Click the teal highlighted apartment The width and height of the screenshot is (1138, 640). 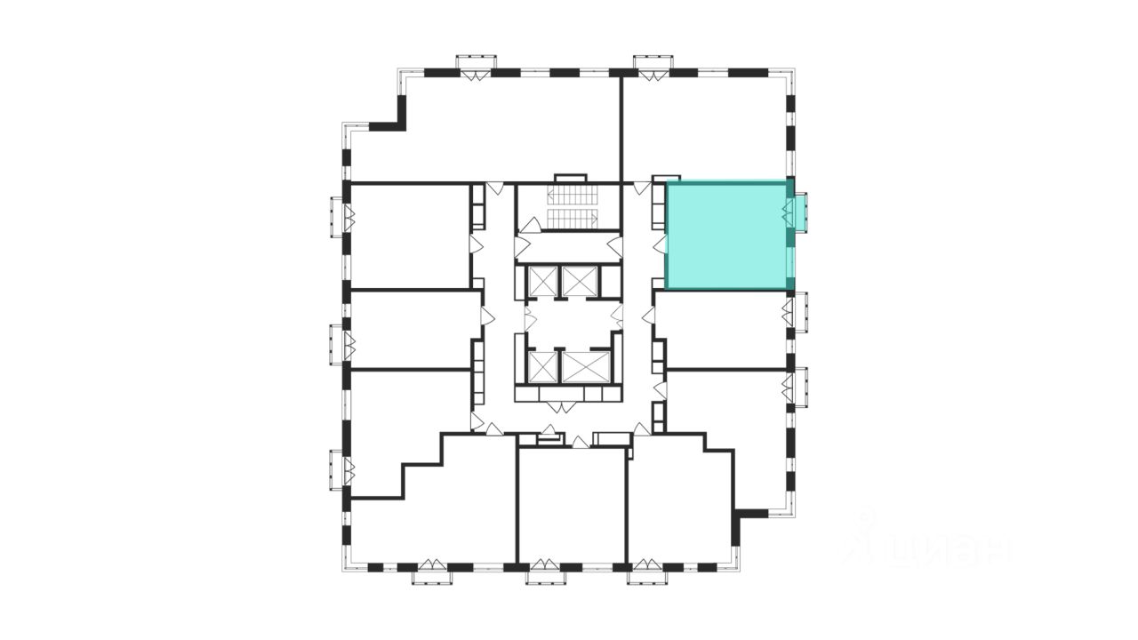click(x=727, y=235)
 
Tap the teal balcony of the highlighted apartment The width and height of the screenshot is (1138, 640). click(x=801, y=212)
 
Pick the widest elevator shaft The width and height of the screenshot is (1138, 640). click(x=586, y=366)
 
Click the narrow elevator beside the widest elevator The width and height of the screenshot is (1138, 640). click(x=541, y=366)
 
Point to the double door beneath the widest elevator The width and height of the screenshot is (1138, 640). click(x=561, y=407)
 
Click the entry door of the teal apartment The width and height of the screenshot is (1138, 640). click(x=660, y=244)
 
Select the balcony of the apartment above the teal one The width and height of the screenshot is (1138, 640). click(x=653, y=68)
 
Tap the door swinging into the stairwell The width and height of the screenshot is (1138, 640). click(x=530, y=225)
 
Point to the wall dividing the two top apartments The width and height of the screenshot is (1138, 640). click(x=621, y=129)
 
